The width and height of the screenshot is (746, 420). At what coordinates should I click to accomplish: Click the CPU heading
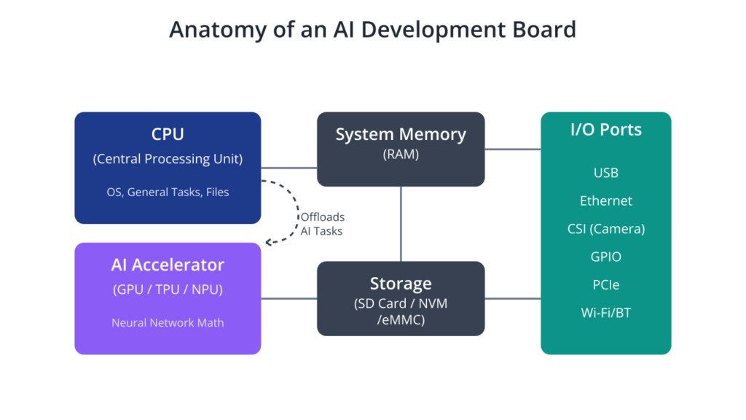click(x=168, y=134)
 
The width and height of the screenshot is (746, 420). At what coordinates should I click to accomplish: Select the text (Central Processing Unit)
click(x=168, y=159)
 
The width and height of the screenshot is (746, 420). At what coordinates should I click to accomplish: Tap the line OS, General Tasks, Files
click(x=168, y=192)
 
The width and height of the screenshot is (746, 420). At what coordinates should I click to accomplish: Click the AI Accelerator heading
click(x=168, y=265)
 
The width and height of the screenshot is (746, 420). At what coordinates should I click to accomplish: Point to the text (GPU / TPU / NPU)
click(x=168, y=289)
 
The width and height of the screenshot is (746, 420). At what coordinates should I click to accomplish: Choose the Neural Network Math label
click(x=168, y=322)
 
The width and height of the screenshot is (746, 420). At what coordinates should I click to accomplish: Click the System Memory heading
click(x=401, y=134)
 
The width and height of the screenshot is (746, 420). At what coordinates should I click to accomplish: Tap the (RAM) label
click(x=401, y=155)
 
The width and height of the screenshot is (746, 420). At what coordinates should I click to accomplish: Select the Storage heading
click(x=401, y=284)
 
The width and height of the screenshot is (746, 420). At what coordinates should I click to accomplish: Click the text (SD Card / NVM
click(x=401, y=303)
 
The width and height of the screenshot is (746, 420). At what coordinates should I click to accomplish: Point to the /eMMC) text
click(x=401, y=319)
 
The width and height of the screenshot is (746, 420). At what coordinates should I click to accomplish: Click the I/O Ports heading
click(x=606, y=130)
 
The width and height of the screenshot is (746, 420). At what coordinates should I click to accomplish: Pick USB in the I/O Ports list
click(x=606, y=173)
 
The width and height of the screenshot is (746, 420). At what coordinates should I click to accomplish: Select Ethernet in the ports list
click(x=606, y=201)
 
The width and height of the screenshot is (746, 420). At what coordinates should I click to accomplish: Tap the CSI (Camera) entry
click(x=606, y=229)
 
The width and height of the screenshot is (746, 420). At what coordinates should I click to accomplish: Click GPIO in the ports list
click(x=606, y=257)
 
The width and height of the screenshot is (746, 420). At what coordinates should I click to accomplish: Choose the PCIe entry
click(x=606, y=284)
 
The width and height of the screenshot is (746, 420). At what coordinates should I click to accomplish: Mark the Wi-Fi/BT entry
click(x=606, y=313)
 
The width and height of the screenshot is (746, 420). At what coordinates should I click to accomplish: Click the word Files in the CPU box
click(x=217, y=192)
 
